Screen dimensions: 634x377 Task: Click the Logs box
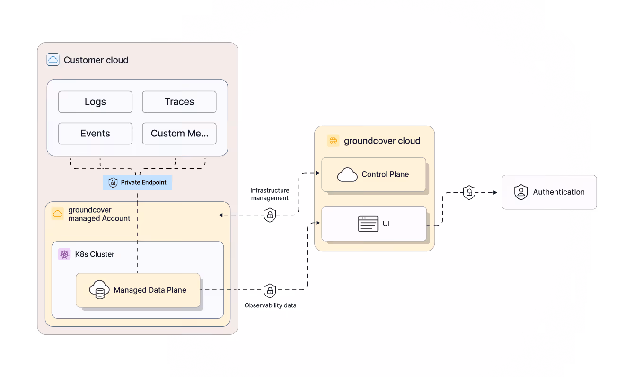click(x=95, y=102)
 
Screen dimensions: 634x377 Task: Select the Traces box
click(x=179, y=102)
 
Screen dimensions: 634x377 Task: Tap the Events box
click(x=95, y=134)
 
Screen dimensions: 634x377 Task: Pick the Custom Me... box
click(x=179, y=134)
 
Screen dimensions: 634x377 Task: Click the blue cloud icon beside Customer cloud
click(x=53, y=60)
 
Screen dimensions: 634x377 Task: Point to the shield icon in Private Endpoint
click(x=113, y=182)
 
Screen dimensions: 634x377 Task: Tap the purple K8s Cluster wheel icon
click(x=64, y=254)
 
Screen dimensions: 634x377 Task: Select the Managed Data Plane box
click(x=138, y=290)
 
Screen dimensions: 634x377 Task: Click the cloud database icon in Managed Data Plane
click(x=99, y=289)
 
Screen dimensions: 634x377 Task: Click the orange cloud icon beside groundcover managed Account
click(x=57, y=214)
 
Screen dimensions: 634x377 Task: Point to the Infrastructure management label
click(x=270, y=194)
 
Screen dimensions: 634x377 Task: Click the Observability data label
click(x=270, y=305)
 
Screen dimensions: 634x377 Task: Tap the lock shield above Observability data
click(x=270, y=291)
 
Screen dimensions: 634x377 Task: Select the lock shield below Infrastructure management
click(x=270, y=215)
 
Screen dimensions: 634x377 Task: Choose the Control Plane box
click(x=374, y=174)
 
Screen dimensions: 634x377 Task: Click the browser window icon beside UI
click(x=368, y=224)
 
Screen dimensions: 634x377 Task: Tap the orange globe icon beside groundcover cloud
click(x=333, y=141)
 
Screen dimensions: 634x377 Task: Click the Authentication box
click(x=549, y=192)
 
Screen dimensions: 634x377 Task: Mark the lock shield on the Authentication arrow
click(x=469, y=192)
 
